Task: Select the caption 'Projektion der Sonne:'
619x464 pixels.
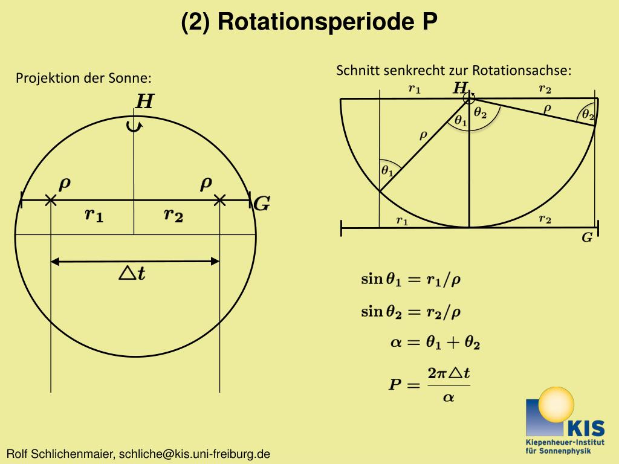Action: (83, 79)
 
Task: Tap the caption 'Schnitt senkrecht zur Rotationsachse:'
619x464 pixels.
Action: (453, 70)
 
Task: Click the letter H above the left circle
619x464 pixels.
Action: (144, 101)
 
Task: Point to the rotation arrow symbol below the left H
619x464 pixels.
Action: (135, 125)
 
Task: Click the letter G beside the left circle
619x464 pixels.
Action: (261, 204)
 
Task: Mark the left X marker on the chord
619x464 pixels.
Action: (51, 200)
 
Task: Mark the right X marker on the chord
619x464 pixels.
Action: (219, 200)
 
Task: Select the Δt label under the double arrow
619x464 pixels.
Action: (132, 274)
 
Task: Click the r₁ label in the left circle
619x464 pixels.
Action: (94, 214)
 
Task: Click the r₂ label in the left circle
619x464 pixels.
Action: (173, 214)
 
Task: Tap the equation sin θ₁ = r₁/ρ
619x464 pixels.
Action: (411, 279)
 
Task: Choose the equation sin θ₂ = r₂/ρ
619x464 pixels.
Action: (411, 312)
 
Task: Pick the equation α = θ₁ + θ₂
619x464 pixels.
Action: (435, 343)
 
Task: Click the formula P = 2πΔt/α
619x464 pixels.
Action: (429, 384)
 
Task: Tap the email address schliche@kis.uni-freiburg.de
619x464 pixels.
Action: (194, 454)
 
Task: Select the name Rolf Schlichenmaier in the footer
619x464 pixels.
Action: (60, 454)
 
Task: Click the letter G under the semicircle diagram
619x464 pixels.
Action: (587, 238)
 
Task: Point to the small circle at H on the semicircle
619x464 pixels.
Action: (470, 98)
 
